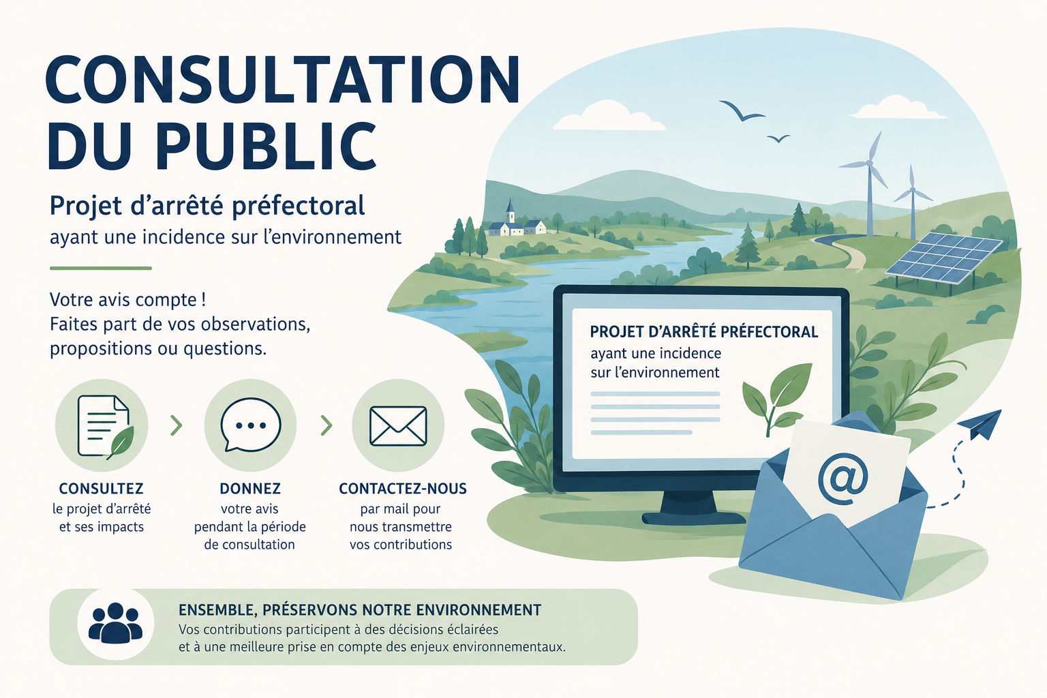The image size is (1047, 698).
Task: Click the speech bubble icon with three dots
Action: click(251, 425)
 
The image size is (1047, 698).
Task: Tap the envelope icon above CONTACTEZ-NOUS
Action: click(398, 425)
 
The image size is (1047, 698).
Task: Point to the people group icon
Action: click(115, 623)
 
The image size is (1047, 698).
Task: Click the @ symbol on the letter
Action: click(843, 480)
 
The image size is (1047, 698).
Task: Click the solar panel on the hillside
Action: click(943, 258)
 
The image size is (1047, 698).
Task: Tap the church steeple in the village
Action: click(510, 211)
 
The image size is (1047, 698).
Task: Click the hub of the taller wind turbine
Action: click(869, 163)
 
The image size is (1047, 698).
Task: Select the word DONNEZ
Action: click(250, 489)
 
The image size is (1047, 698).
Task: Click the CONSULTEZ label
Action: click(101, 489)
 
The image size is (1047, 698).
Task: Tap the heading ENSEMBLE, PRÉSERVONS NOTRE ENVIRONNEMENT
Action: click(360, 610)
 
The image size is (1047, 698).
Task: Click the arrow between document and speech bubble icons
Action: click(177, 425)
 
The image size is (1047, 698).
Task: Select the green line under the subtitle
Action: click(101, 269)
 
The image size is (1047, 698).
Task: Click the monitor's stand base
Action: click(694, 517)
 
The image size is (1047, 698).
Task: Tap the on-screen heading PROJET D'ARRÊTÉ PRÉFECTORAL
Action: click(704, 332)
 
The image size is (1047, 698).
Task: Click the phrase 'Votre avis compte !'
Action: click(128, 300)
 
